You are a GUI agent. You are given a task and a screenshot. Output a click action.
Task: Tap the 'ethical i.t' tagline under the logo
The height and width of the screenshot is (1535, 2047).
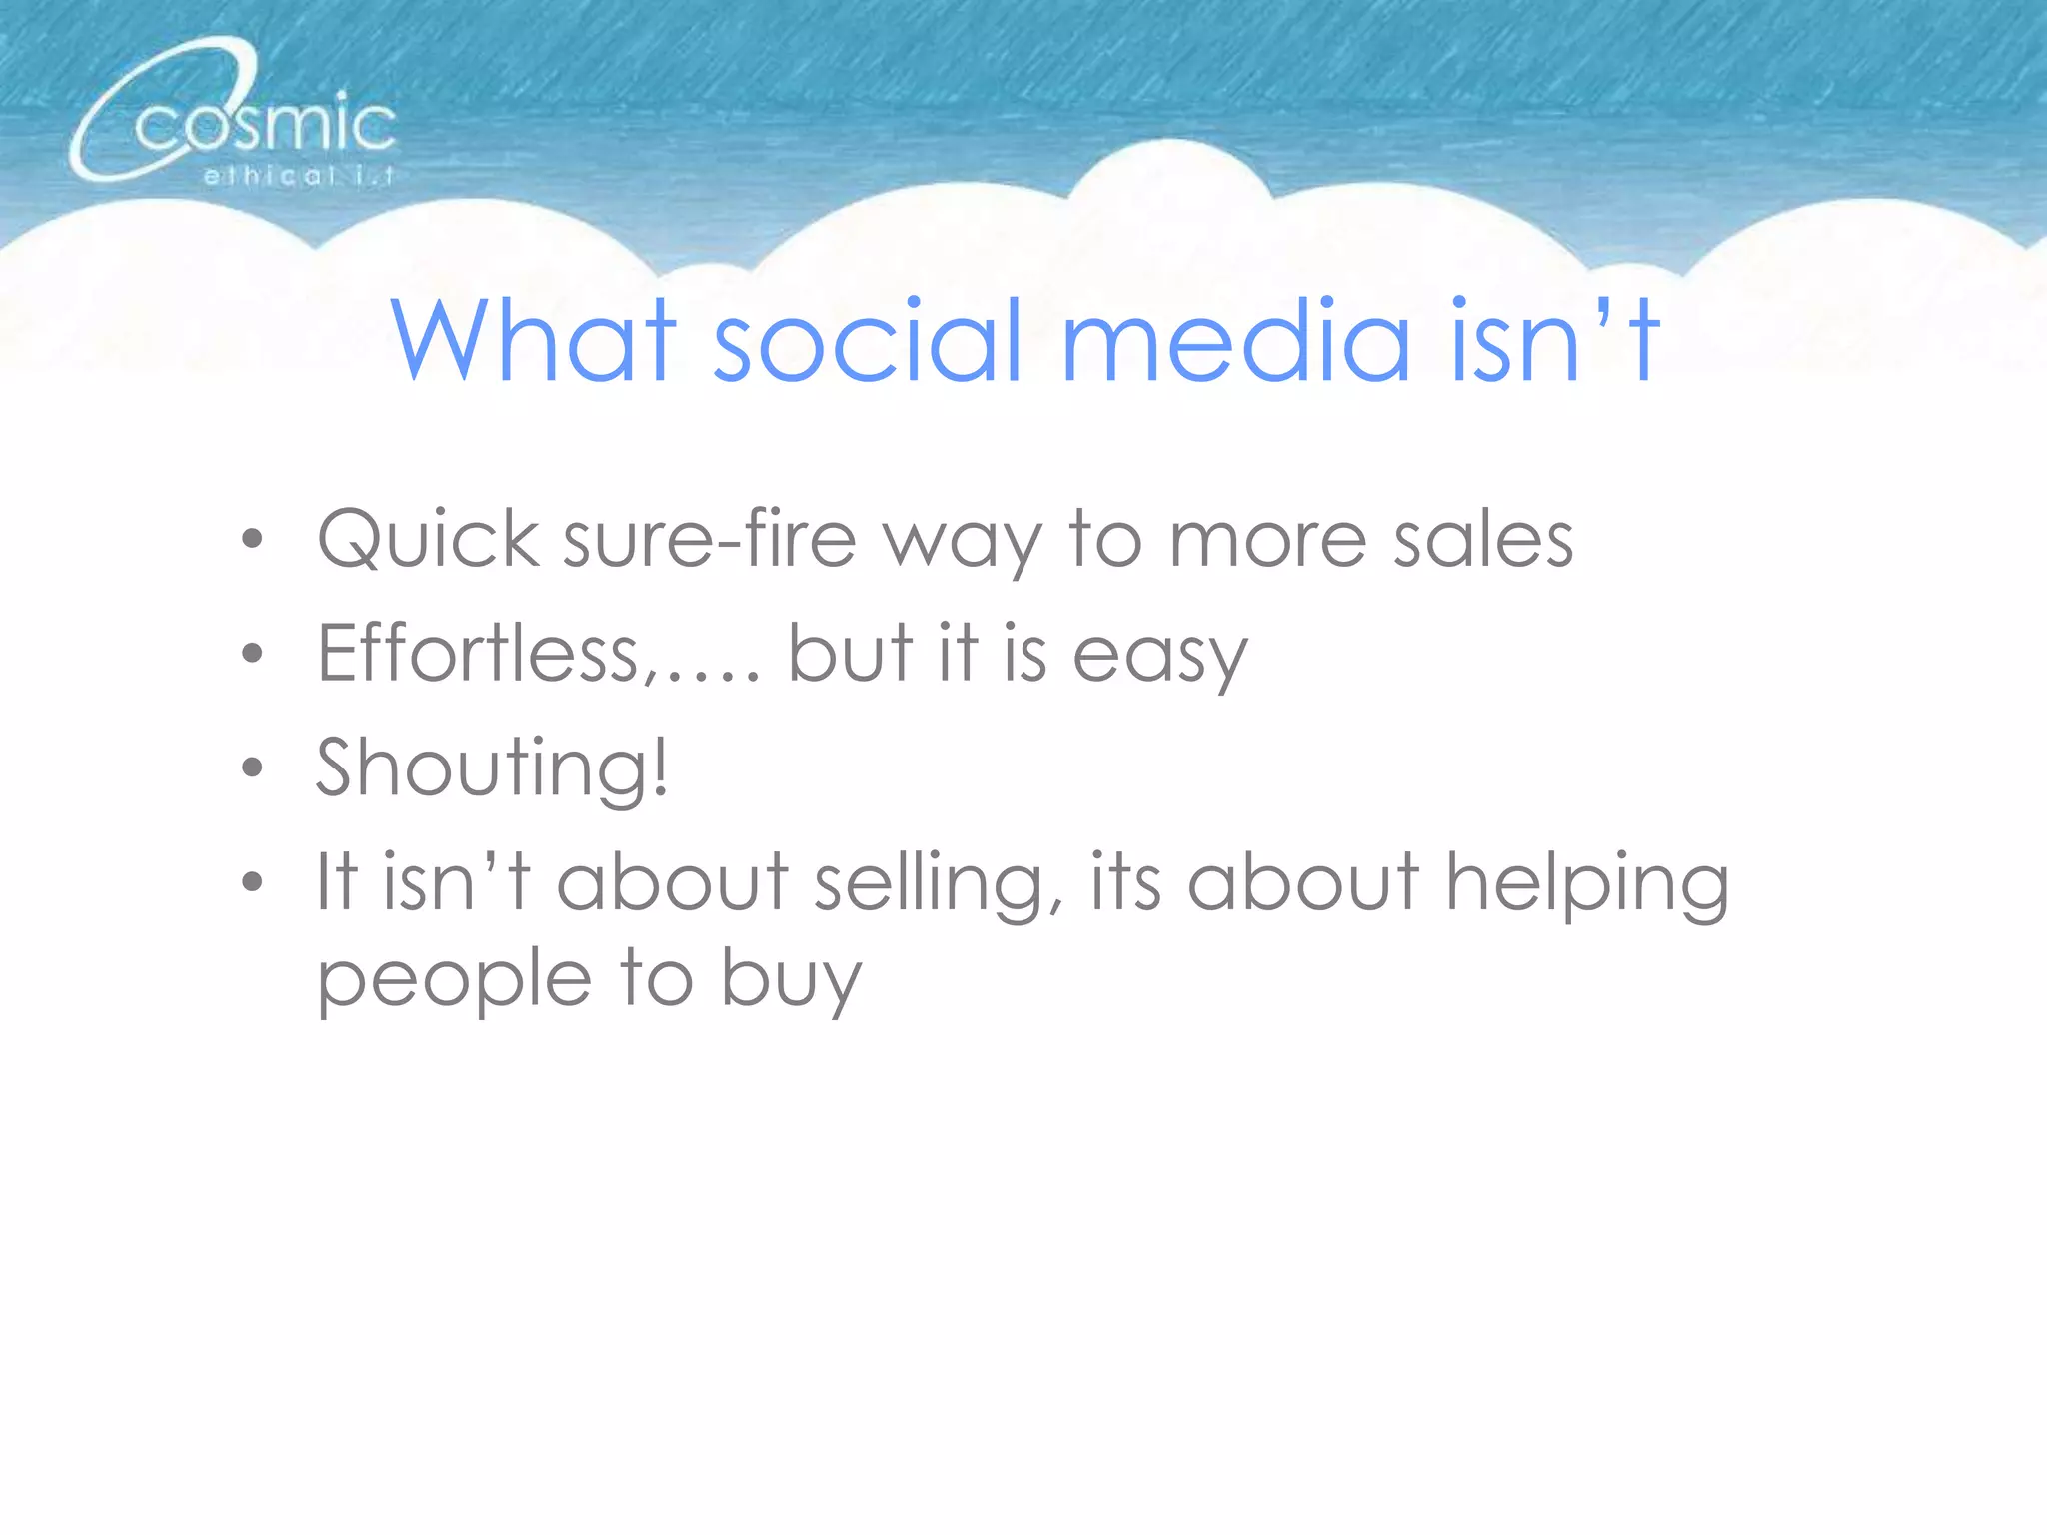tap(298, 177)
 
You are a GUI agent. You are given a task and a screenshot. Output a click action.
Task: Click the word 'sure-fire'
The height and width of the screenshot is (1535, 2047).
tap(710, 540)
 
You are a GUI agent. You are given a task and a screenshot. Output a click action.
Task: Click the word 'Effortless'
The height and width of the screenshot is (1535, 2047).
tap(478, 654)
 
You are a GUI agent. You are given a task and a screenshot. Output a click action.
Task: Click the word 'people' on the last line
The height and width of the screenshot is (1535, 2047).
tap(455, 981)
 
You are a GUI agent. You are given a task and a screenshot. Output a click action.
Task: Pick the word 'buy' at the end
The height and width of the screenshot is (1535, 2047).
tap(791, 981)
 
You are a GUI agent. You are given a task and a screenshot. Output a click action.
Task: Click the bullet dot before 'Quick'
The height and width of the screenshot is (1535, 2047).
tap(253, 541)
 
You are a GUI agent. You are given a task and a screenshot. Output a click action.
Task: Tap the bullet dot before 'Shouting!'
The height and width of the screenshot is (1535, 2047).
tap(253, 768)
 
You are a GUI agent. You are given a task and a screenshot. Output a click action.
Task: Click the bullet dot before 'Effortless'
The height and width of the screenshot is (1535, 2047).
tap(253, 655)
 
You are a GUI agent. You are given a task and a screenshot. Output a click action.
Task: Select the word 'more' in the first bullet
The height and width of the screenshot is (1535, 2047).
tap(1267, 540)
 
